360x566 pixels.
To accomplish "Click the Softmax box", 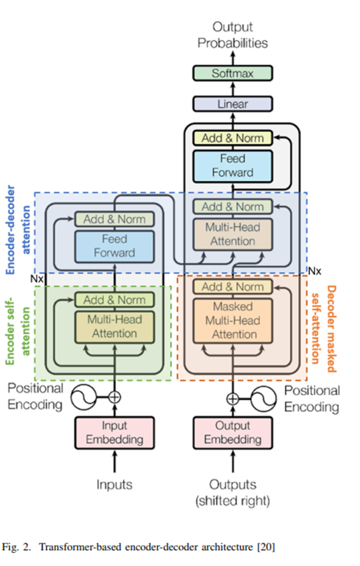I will [232, 73].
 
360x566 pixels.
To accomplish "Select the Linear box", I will [232, 104].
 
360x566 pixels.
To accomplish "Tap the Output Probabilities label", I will [232, 35].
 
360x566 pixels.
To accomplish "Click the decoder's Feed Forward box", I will [232, 165].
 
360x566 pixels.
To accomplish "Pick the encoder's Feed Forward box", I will [114, 246].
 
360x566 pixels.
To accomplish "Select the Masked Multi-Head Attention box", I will [232, 320].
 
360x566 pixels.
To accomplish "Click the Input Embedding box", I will [114, 432].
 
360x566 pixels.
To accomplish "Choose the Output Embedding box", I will [232, 432].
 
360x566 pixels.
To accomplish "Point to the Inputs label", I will [114, 484].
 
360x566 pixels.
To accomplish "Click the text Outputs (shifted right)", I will [232, 492].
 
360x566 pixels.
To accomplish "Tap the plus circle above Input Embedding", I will [114, 397].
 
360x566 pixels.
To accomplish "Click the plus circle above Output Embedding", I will [232, 398].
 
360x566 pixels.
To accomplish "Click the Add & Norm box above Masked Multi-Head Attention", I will [232, 287].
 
